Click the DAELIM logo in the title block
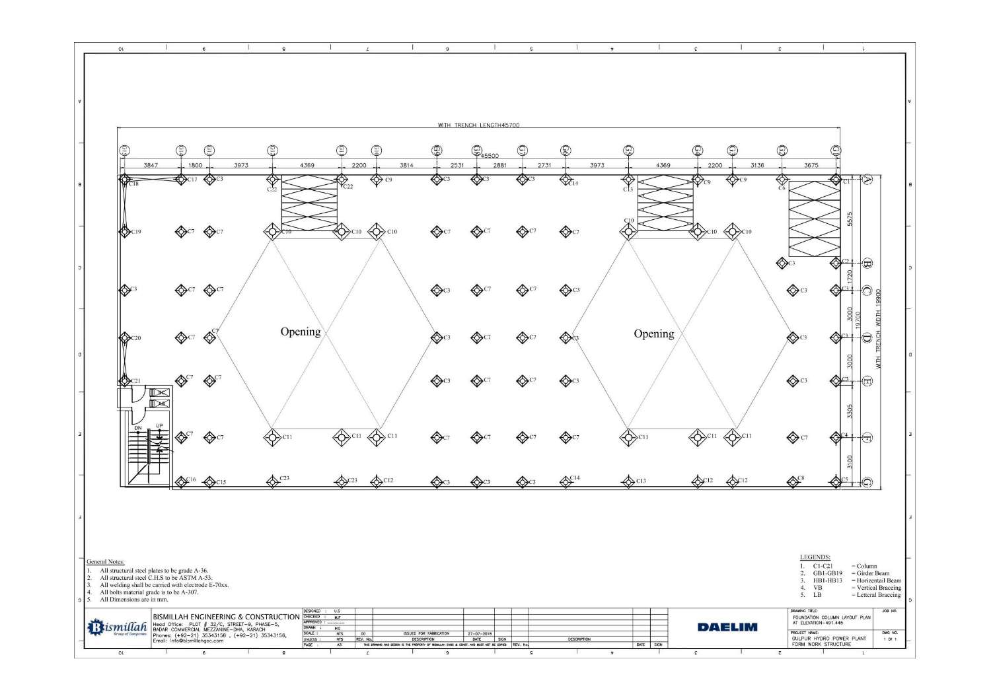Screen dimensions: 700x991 (x=727, y=627)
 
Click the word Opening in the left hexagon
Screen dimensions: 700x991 (x=301, y=332)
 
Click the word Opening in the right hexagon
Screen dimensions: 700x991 (x=654, y=333)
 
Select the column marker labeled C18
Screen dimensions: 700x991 (x=125, y=179)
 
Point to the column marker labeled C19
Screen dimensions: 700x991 (x=125, y=232)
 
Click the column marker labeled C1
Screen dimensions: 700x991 (x=836, y=180)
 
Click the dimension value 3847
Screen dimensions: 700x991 (x=151, y=165)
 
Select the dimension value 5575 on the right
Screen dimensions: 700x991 (x=851, y=218)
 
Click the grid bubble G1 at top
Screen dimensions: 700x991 (x=836, y=151)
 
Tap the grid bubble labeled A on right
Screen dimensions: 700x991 (x=867, y=180)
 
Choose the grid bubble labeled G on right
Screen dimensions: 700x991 (x=867, y=481)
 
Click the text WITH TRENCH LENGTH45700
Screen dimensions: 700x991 (x=482, y=124)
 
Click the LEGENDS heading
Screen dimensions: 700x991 (x=815, y=557)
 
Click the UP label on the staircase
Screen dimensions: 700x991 (x=159, y=426)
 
